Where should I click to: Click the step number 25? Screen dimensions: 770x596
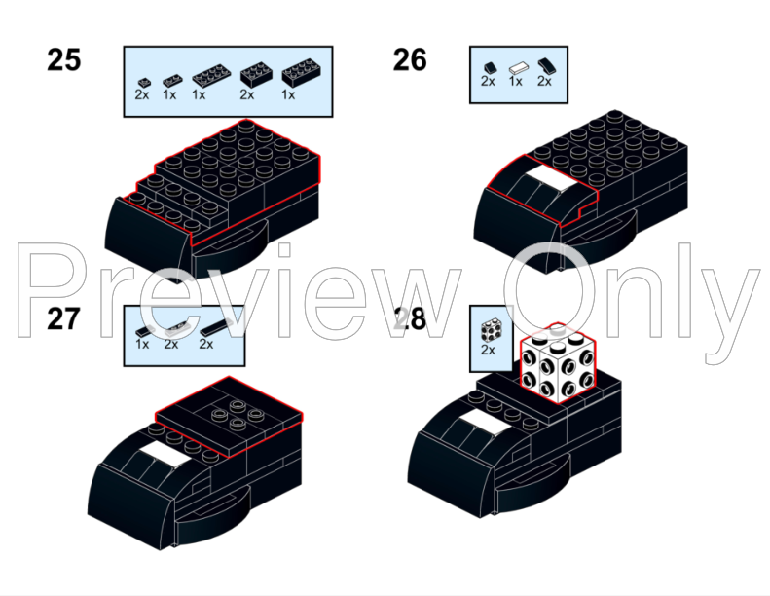pos(64,60)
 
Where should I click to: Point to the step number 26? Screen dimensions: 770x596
pos(410,60)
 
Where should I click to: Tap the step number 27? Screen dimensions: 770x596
pos(64,319)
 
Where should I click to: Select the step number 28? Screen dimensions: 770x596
pos(410,319)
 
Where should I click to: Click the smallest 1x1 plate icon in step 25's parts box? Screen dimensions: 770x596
pos(144,82)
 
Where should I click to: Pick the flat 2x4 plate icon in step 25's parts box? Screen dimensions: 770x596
pos(211,75)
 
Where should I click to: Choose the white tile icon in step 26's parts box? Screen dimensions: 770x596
pos(519,68)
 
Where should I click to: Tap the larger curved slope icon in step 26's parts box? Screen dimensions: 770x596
pos(546,66)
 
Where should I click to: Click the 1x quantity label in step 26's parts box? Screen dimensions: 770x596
pos(516,82)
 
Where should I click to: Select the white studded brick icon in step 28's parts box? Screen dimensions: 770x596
pos(492,330)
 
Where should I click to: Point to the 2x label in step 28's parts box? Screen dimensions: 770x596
pos(488,350)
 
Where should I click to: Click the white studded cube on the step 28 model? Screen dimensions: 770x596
pos(559,363)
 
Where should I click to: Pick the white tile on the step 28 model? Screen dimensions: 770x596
pos(485,422)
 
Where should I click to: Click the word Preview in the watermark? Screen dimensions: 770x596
pos(239,291)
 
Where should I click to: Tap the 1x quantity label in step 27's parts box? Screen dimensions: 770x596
pos(142,345)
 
